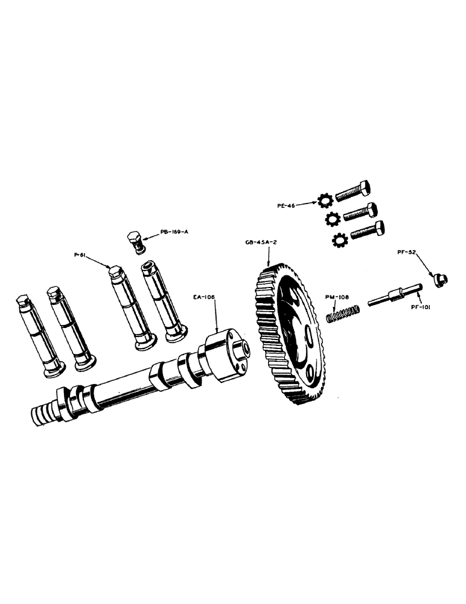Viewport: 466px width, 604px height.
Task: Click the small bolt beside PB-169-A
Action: [x=137, y=242]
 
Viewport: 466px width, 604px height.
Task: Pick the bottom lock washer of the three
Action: [x=340, y=241]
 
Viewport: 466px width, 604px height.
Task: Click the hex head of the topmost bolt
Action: [x=365, y=188]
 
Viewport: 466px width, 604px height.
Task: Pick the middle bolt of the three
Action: [x=361, y=213]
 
